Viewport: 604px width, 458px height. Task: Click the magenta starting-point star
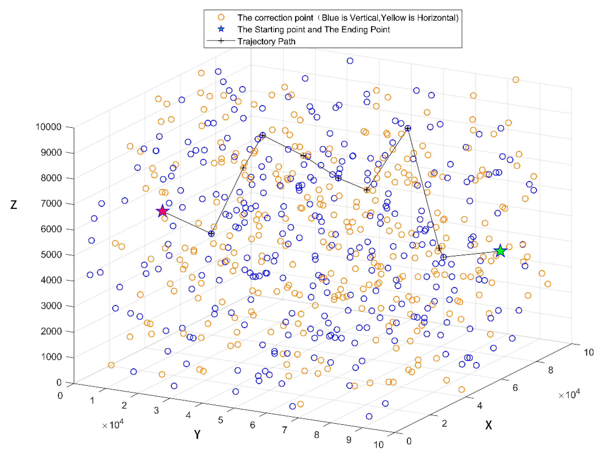(x=162, y=211)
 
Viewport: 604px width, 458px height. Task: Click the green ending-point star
(x=500, y=251)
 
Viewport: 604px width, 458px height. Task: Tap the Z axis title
(x=14, y=205)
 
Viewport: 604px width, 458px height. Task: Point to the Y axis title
(x=197, y=434)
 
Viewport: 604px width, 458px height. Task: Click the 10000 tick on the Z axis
(x=48, y=127)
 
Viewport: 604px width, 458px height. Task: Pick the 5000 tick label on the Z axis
(x=51, y=254)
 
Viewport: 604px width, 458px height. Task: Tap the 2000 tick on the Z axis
(x=51, y=331)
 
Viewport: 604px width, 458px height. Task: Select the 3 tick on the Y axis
(x=156, y=410)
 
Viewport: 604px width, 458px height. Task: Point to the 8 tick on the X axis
(x=550, y=370)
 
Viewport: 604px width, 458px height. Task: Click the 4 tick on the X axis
(x=479, y=406)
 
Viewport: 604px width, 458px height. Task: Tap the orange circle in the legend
(x=221, y=17)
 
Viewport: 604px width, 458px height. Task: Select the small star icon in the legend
(x=221, y=29)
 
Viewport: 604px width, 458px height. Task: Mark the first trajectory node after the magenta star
(x=211, y=234)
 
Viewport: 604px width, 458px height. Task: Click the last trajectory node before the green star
(x=443, y=257)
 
